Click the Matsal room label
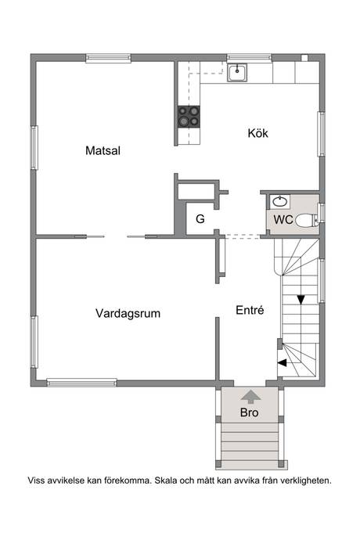[x=103, y=150]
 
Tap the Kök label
[x=257, y=133]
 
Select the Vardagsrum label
[x=128, y=314]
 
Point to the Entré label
[x=250, y=310]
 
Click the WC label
[x=283, y=219]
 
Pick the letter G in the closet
[x=200, y=218]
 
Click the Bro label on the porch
[x=250, y=412]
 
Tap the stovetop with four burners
[x=189, y=117]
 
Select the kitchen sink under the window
[x=237, y=73]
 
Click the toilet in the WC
[x=307, y=220]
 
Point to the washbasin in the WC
[x=279, y=201]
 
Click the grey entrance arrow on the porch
[x=250, y=397]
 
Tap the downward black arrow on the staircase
[x=301, y=300]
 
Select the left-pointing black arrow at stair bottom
[x=283, y=362]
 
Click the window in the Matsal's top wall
[x=108, y=58]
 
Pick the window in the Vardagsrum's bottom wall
[x=81, y=382]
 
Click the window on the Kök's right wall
[x=321, y=134]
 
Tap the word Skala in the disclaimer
[x=164, y=481]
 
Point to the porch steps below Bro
[x=250, y=442]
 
